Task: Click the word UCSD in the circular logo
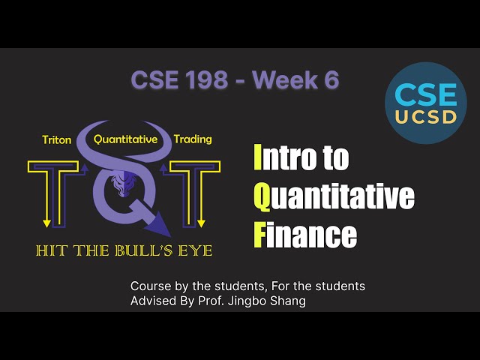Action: (425, 118)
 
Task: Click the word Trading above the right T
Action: (193, 139)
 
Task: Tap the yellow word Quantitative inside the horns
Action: (125, 139)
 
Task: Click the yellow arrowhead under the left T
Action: (47, 222)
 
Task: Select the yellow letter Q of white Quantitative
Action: (262, 196)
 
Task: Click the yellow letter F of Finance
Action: (259, 235)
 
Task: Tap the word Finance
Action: (305, 235)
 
